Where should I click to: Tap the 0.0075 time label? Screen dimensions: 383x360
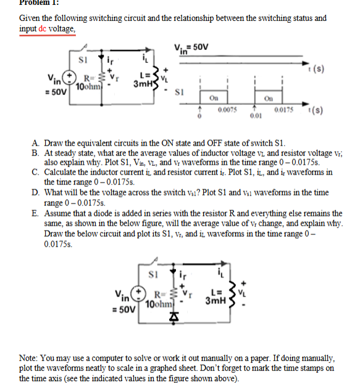224,109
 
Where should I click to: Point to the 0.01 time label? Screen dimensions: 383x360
256,115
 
